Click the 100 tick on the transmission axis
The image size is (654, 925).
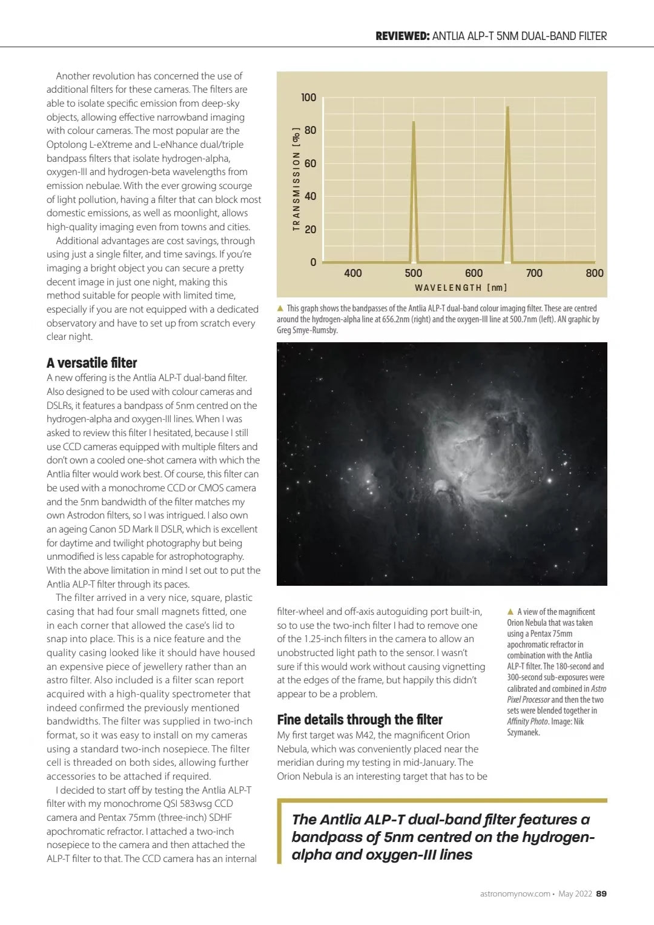pyautogui.click(x=308, y=98)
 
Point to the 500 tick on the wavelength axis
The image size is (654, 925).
pyautogui.click(x=414, y=273)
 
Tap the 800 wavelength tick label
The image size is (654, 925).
pyautogui.click(x=594, y=273)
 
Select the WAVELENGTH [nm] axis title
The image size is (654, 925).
pyautogui.click(x=461, y=288)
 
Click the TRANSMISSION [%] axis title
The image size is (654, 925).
pyautogui.click(x=296, y=179)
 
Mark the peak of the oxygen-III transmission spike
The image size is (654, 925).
pyautogui.click(x=414, y=122)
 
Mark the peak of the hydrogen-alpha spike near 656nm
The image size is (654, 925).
pyautogui.click(x=507, y=107)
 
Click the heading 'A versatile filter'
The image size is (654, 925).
pyautogui.click(x=92, y=363)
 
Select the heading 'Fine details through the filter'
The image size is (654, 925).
pyautogui.click(x=360, y=720)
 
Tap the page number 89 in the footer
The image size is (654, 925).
pyautogui.click(x=601, y=894)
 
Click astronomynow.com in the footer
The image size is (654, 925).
pyautogui.click(x=515, y=894)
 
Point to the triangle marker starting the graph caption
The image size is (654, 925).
pyautogui.click(x=280, y=308)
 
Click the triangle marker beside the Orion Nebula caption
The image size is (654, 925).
pyautogui.click(x=510, y=612)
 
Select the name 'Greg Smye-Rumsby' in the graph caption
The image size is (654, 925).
pyautogui.click(x=307, y=330)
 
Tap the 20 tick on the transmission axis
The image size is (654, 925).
pyautogui.click(x=309, y=230)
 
